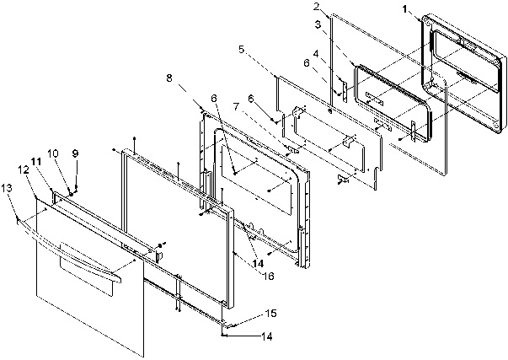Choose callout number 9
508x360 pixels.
[75, 153]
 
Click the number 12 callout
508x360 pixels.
[23, 169]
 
